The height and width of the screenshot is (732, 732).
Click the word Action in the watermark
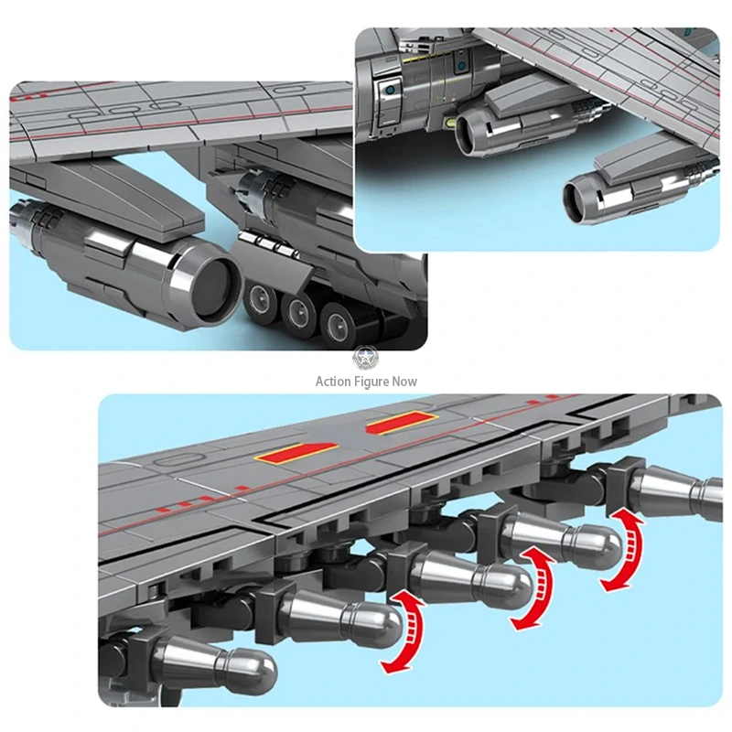[x=333, y=382]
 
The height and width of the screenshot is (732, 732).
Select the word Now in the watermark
[x=404, y=382]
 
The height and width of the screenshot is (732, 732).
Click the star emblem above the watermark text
[x=365, y=358]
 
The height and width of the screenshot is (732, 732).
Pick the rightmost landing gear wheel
[x=336, y=324]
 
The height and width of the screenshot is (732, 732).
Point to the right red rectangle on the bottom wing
[x=402, y=423]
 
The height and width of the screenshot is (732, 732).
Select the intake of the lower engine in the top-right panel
[x=576, y=202]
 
